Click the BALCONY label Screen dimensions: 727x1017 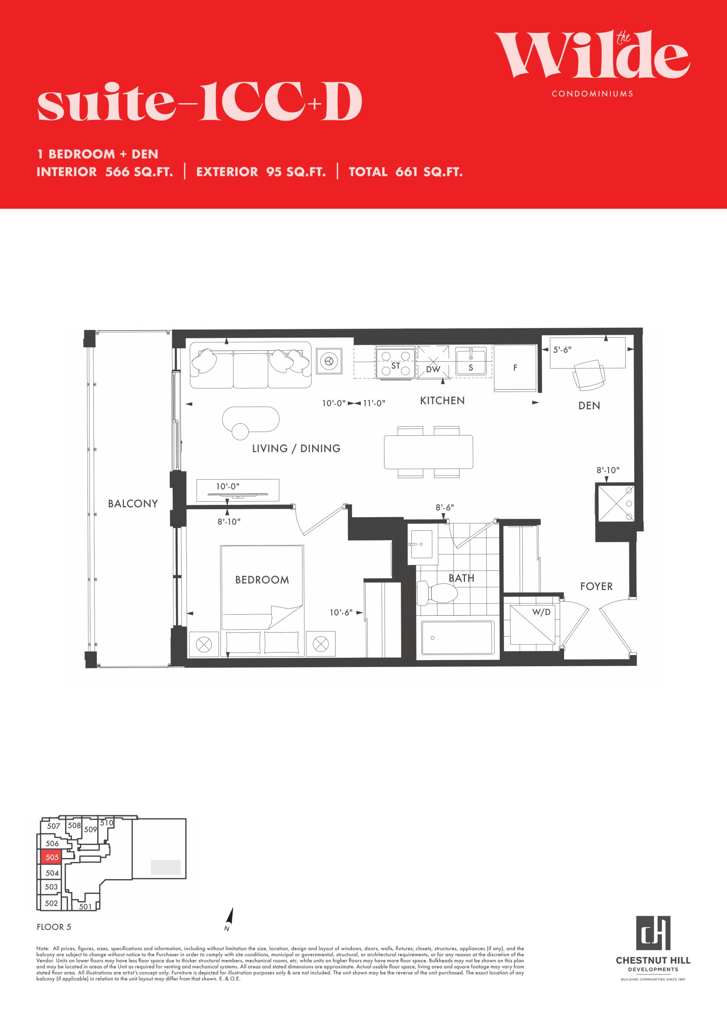point(133,503)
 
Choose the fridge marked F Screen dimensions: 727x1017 point(515,368)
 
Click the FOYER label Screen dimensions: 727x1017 point(596,586)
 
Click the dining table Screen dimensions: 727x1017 point(428,452)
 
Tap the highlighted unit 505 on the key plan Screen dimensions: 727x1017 point(52,857)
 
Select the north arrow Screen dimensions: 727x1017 point(230,917)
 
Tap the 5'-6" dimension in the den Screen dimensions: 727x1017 point(562,350)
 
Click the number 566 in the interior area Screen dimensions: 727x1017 point(117,172)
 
